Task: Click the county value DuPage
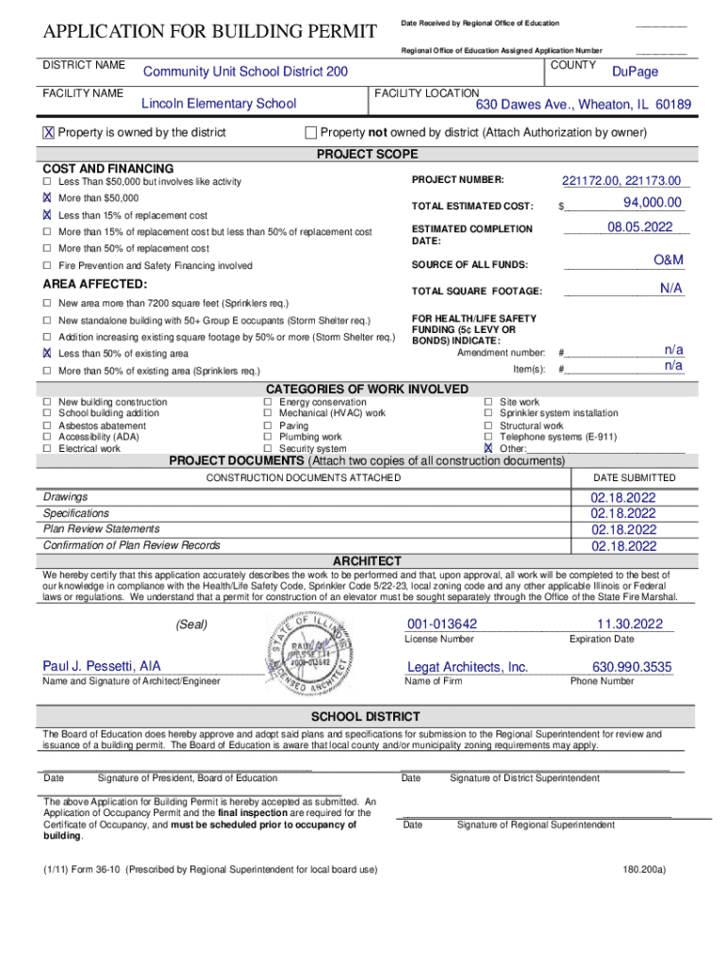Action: pyautogui.click(x=635, y=72)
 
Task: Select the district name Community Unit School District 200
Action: pyautogui.click(x=244, y=73)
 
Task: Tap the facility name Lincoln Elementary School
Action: pyautogui.click(x=218, y=104)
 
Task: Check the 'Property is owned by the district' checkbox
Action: pyautogui.click(x=48, y=133)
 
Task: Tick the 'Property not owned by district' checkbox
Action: pyautogui.click(x=311, y=132)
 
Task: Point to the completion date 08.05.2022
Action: pyautogui.click(x=639, y=227)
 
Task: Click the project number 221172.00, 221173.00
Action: pyautogui.click(x=625, y=181)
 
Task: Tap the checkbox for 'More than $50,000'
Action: pyautogui.click(x=46, y=199)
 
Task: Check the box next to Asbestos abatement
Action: pyautogui.click(x=46, y=425)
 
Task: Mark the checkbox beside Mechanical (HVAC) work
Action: pyautogui.click(x=268, y=413)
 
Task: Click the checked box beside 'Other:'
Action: pyautogui.click(x=488, y=449)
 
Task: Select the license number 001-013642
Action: pyautogui.click(x=442, y=624)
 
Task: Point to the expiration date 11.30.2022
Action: pyautogui.click(x=629, y=624)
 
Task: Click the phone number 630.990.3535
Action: pyautogui.click(x=632, y=667)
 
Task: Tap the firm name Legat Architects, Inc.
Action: pyautogui.click(x=467, y=667)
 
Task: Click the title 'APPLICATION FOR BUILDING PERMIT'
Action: pyautogui.click(x=210, y=33)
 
